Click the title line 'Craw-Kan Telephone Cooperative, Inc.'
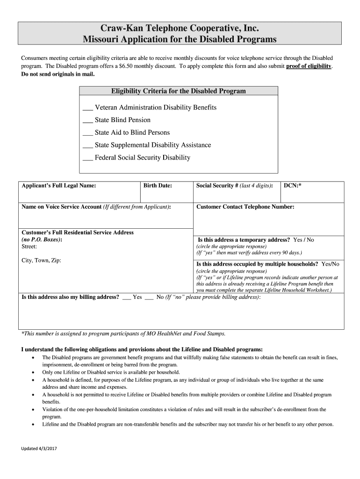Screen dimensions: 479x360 [180, 28]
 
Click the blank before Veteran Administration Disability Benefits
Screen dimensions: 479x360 [87, 108]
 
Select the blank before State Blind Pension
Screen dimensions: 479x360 [87, 121]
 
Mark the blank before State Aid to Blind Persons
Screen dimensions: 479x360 [87, 133]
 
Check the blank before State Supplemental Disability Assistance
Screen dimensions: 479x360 [87, 146]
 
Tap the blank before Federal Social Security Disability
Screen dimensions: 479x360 [87, 158]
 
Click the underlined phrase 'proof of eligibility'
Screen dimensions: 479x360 [309, 66]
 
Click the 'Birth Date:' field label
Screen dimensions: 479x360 [158, 186]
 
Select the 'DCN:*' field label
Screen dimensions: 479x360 [293, 186]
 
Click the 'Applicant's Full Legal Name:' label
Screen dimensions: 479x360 [59, 186]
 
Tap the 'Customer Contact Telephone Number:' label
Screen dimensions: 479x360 [245, 207]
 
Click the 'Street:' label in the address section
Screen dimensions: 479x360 [29, 246]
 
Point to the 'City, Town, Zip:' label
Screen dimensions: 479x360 [42, 261]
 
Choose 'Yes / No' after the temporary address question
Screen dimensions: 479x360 [303, 240]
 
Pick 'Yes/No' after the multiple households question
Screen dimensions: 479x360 [330, 264]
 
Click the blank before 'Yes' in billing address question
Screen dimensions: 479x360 [126, 298]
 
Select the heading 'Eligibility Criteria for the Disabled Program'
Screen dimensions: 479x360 [178, 91]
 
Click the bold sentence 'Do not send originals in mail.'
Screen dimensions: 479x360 [58, 74]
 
